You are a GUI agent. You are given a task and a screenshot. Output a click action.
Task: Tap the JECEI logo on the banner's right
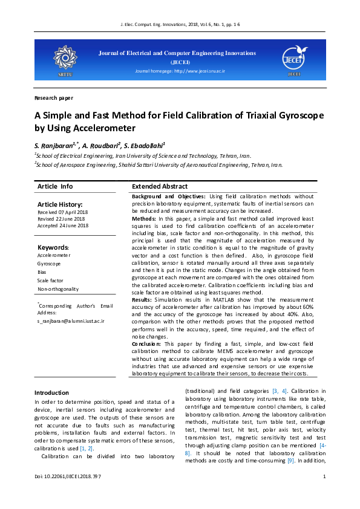(x=294, y=59)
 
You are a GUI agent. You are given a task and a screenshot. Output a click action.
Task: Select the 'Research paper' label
(x=54, y=97)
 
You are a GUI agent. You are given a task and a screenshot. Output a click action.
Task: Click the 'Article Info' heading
(x=55, y=187)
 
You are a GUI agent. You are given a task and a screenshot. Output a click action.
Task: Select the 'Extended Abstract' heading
(x=160, y=187)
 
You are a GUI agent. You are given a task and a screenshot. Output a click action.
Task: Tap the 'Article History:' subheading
(x=60, y=205)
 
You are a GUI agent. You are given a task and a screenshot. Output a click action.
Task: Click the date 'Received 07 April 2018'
(x=62, y=213)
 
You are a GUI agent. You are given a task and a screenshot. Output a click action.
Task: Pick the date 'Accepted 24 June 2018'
(x=63, y=225)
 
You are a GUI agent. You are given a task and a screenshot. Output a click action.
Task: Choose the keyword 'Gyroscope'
(x=49, y=264)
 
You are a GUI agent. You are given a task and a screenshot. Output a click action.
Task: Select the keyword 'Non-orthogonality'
(x=58, y=289)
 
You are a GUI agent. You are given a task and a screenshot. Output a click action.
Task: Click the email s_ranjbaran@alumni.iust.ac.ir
(x=71, y=321)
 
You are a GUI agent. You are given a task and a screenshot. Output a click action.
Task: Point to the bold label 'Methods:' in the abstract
(x=144, y=218)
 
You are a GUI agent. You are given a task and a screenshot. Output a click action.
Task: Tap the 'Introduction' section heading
(x=51, y=393)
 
